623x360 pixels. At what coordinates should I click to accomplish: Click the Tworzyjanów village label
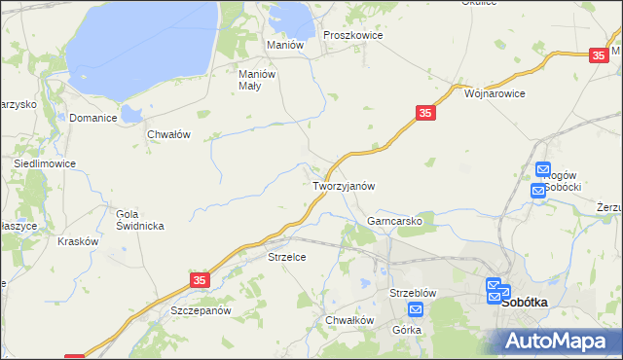pos(343,185)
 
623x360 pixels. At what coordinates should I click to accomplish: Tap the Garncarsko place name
pos(394,221)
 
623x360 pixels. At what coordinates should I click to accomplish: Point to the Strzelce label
pos(287,257)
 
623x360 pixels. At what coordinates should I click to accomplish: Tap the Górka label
pos(407,330)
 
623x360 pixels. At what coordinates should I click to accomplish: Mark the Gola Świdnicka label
pos(139,220)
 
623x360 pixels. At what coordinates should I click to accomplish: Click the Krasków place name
pos(78,241)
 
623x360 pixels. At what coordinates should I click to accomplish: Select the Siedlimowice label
pos(45,163)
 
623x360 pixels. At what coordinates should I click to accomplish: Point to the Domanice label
pos(93,118)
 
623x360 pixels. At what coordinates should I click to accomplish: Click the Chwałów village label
pos(167,134)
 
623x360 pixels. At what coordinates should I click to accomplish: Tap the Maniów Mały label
pos(258,78)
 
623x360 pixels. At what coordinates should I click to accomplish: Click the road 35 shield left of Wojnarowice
pos(424,114)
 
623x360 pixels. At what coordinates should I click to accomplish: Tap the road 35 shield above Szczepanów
pos(200,280)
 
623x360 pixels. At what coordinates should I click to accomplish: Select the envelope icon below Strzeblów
pos(416,310)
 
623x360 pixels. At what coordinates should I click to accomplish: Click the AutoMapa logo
pos(555,340)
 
